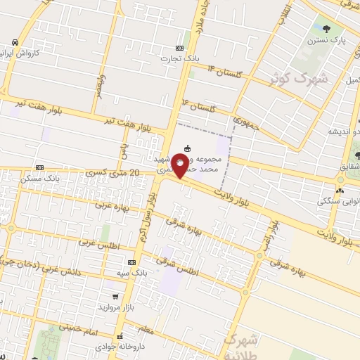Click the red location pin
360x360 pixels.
tap(180, 167)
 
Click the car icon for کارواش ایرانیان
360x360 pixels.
tap(15, 42)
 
